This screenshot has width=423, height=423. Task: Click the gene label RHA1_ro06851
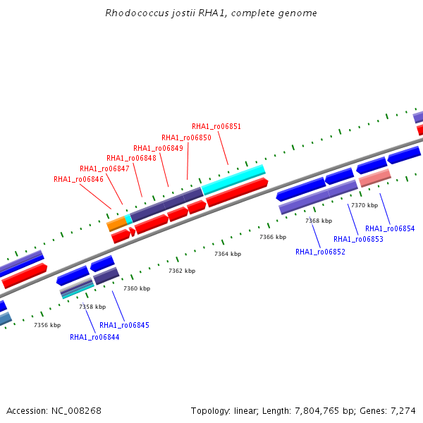pyautogui.click(x=216, y=126)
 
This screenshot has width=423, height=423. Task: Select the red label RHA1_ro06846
pyautogui.click(x=78, y=179)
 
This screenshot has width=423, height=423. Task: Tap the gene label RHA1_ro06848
pyautogui.click(x=131, y=158)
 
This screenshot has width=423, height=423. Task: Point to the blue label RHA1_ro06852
pyautogui.click(x=320, y=252)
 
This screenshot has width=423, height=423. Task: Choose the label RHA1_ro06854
pyautogui.click(x=390, y=228)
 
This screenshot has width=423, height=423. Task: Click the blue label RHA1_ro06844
pyautogui.click(x=94, y=337)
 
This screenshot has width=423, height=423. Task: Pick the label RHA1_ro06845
pyautogui.click(x=124, y=325)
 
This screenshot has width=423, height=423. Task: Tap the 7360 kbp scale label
pyautogui.click(x=137, y=288)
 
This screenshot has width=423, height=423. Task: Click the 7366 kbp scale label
pyautogui.click(x=273, y=237)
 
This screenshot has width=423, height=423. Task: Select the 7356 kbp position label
pyautogui.click(x=47, y=325)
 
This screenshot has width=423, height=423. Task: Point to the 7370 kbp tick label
pyautogui.click(x=364, y=205)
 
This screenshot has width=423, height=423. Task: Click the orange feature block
pyautogui.click(x=117, y=224)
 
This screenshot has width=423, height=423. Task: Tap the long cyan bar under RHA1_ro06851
pyautogui.click(x=233, y=180)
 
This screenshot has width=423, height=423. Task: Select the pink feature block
pyautogui.click(x=375, y=178)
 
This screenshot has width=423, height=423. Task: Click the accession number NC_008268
pyautogui.click(x=76, y=411)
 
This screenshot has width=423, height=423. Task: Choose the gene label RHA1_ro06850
pyautogui.click(x=186, y=138)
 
